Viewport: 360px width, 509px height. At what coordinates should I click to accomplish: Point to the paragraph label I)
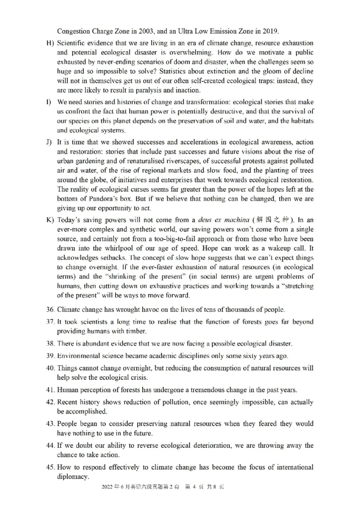(x=49, y=102)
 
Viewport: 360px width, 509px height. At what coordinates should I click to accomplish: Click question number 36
(x=50, y=310)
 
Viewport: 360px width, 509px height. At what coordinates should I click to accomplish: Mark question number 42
(x=50, y=402)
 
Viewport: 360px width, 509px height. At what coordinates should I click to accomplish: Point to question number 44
(x=50, y=446)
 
